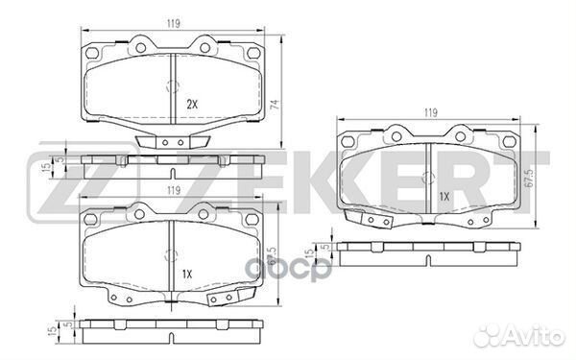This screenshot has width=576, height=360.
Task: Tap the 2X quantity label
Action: pyautogui.click(x=191, y=104)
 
